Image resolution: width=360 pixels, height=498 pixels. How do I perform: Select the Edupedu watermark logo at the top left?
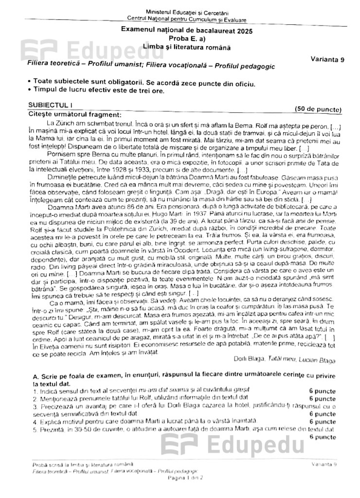pos(73,49)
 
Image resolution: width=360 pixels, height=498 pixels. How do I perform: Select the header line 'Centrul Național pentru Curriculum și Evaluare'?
pos(187,19)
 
